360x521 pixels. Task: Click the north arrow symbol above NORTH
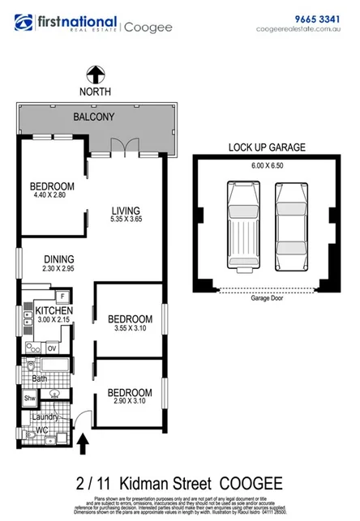95,75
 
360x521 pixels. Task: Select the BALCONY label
94,117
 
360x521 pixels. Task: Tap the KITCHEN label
54,310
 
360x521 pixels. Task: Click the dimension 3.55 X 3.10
130,329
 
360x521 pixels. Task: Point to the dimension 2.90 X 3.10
130,401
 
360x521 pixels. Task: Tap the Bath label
39,378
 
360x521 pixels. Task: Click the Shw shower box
29,398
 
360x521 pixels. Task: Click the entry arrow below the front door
83,442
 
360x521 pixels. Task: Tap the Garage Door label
266,297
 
